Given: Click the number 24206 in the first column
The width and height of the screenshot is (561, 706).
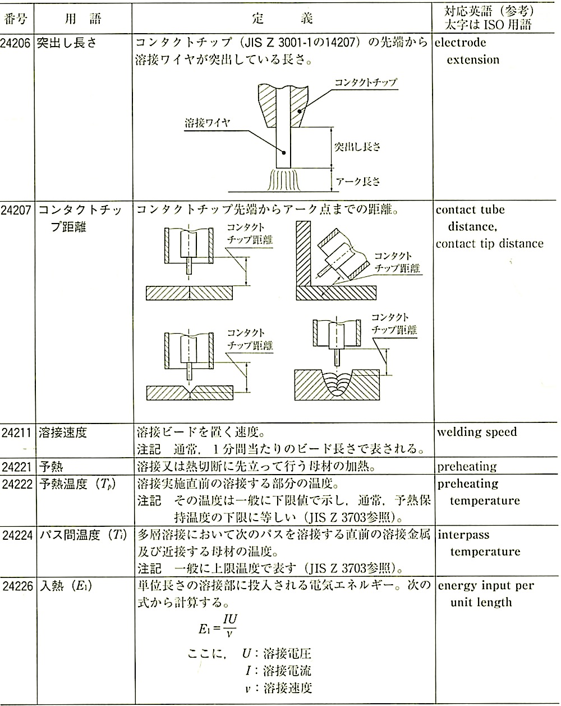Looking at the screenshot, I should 18,43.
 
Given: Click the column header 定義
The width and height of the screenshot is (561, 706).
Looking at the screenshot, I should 283,19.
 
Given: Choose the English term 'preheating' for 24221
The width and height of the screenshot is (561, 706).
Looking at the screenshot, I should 467,466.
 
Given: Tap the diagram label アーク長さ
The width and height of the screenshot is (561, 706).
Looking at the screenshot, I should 357,181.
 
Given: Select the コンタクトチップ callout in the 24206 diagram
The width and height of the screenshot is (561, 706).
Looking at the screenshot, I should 365,83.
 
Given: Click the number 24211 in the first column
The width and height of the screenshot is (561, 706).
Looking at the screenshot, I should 18,432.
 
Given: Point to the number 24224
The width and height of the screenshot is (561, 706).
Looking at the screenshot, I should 18,535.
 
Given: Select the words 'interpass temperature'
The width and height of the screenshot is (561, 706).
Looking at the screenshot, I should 478,543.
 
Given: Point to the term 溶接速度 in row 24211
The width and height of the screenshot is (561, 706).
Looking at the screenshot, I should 62,432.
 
